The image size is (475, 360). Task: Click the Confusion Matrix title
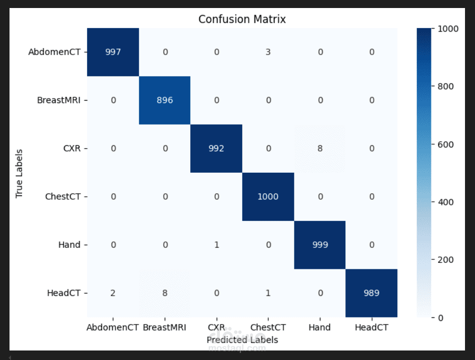242,20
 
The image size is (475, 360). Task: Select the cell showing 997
113,52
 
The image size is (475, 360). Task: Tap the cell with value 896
165,100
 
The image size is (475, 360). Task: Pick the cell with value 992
216,148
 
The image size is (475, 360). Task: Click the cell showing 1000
268,196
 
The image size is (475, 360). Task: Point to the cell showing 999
319,244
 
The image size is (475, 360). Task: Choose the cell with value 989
371,293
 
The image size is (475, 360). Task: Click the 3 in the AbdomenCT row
268,52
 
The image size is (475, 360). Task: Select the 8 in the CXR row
319,148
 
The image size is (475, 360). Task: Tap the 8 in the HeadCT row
165,293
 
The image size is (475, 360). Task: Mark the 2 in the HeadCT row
113,293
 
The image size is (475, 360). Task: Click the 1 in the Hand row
216,244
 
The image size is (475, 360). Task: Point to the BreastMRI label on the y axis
59,100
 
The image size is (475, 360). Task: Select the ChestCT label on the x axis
268,327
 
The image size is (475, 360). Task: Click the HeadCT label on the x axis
371,327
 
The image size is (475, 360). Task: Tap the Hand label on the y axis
69,244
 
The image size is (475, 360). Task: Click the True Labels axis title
20,173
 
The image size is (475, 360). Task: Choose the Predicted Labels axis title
242,339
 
